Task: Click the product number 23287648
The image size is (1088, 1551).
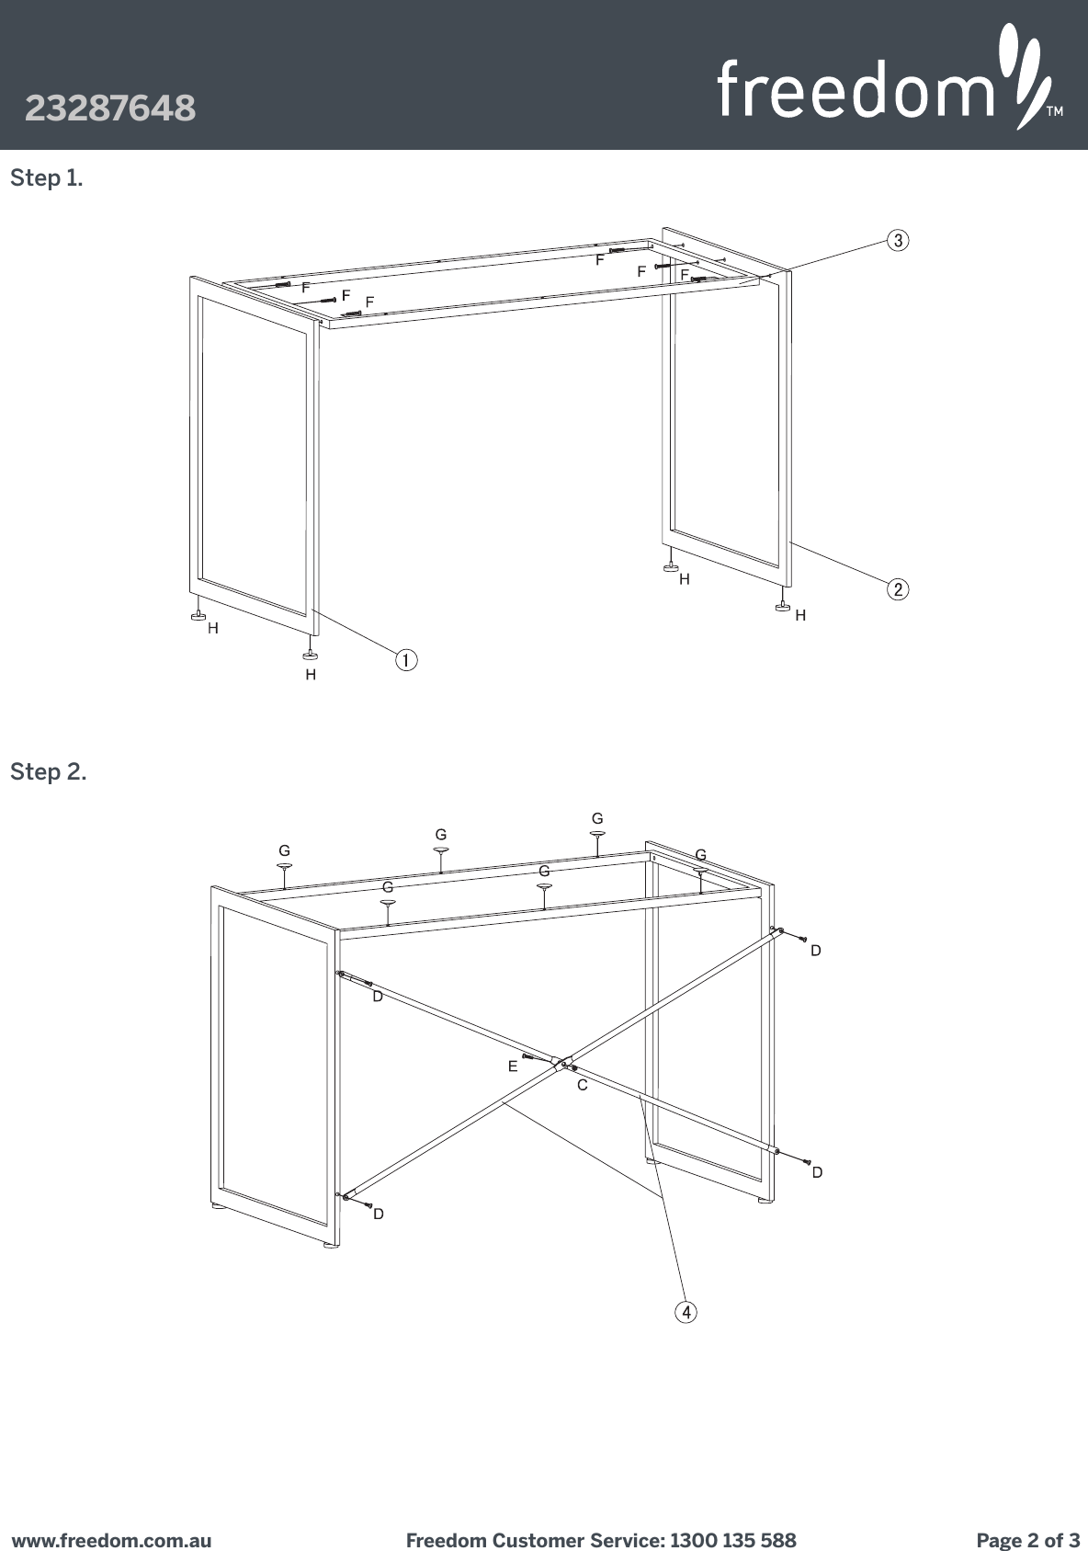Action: (110, 108)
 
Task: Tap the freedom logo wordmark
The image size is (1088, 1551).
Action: (855, 88)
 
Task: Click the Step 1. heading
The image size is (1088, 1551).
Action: (46, 178)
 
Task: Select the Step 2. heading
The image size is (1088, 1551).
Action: (49, 772)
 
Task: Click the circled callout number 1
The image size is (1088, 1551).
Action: (405, 659)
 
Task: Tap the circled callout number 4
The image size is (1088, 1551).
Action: (686, 1312)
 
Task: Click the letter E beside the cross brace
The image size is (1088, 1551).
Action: (513, 1067)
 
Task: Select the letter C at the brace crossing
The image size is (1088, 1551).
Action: (582, 1086)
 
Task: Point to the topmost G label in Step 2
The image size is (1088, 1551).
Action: (597, 818)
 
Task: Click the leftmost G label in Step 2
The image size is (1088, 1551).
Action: (285, 851)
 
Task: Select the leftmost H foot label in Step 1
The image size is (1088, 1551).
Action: (213, 629)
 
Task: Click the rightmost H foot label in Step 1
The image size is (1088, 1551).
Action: (800, 615)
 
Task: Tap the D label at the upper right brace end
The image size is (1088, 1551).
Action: (815, 951)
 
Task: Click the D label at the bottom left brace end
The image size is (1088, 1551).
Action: (378, 1215)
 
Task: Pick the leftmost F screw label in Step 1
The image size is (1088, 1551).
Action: (306, 287)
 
